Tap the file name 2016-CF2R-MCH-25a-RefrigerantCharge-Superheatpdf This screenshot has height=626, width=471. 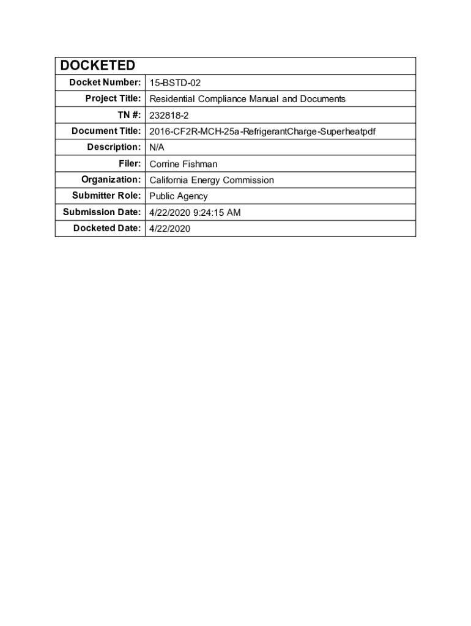pos(262,131)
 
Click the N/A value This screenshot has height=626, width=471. pos(157,147)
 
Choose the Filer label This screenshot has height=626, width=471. pos(130,163)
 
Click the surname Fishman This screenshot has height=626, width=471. pos(199,164)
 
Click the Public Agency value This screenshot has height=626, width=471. pos(179,196)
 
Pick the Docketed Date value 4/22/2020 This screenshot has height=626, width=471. pos(170,229)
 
